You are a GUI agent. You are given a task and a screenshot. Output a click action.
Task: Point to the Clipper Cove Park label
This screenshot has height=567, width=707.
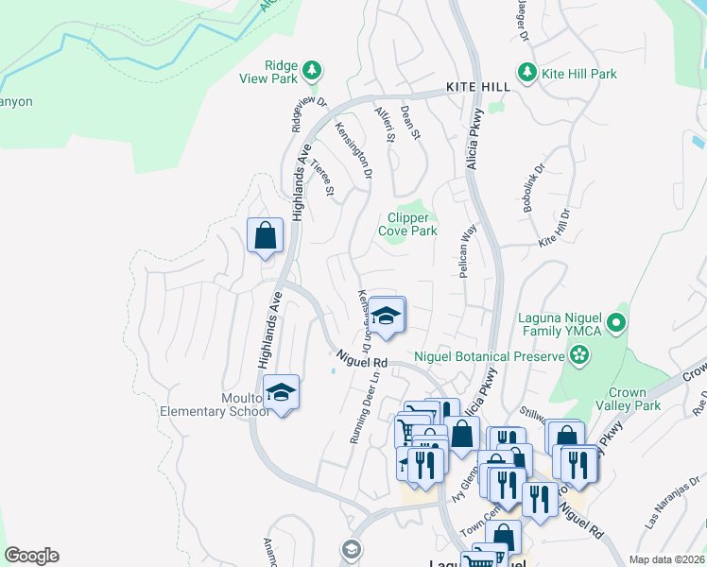coord(407,224)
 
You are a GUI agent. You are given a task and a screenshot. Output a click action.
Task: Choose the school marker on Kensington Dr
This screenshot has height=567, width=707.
coord(386,317)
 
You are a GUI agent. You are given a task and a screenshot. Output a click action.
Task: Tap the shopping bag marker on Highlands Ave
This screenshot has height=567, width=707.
coord(266,234)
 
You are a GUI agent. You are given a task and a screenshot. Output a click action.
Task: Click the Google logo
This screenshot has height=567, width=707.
coord(31,556)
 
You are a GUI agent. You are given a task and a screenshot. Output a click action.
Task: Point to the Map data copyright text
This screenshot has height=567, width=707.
coord(666,559)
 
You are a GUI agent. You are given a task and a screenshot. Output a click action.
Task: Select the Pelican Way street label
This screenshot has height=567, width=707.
coord(466,250)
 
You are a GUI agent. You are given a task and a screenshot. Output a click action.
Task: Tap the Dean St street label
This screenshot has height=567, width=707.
coord(410,122)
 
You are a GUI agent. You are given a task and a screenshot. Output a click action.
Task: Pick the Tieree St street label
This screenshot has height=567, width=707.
coord(323,178)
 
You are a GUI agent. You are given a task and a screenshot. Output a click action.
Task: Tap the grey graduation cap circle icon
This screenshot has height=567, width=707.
coord(351,549)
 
